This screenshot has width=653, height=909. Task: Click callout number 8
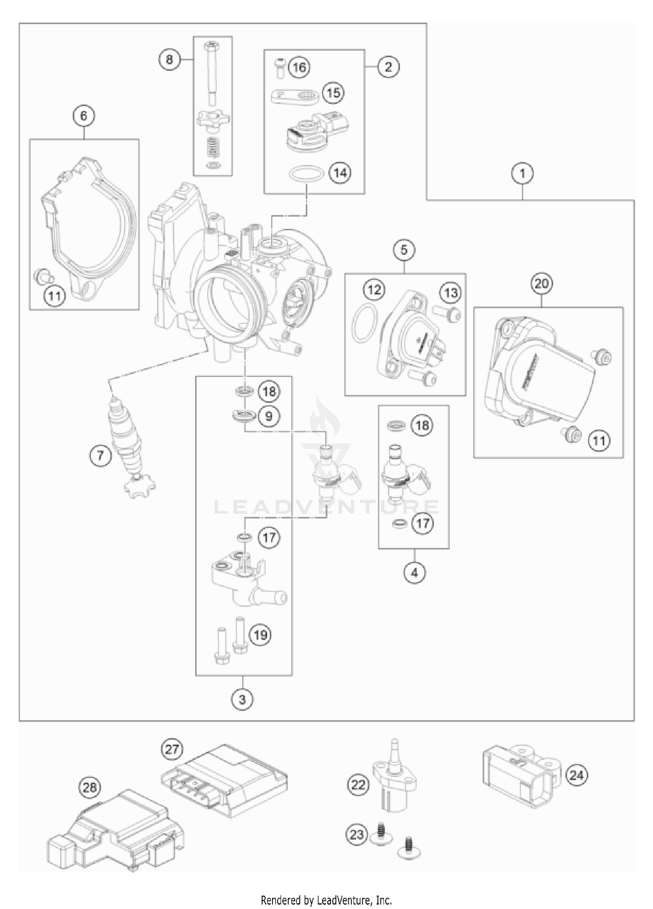pos(169,59)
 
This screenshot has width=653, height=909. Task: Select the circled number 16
pos(299,67)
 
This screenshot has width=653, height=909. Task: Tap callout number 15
pos(333,93)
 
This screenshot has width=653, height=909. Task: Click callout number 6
pos(84,116)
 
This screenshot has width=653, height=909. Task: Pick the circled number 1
pos(522,173)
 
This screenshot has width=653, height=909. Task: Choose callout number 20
pos(542,284)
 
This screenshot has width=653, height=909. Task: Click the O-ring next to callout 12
pos(364,324)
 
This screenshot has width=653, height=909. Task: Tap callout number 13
pos(451,292)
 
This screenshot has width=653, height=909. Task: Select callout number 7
pos(101,456)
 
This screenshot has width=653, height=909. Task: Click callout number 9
pos(269,416)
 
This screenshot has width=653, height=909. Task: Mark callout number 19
pos(260,635)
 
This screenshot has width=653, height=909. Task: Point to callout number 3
pos(242,700)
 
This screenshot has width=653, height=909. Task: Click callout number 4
pos(414,573)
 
